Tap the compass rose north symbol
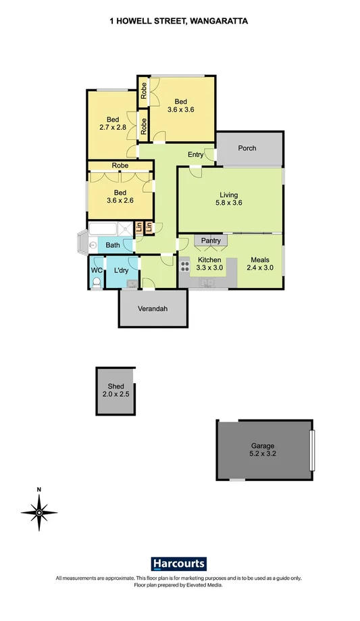pos(39,512)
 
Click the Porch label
pos(247,148)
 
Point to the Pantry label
pos(211,240)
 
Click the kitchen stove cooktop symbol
pos(184,264)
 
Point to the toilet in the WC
pos(96,281)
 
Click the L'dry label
pos(122,270)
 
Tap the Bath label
pos(112,245)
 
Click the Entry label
pos(195,155)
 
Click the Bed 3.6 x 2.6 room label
pos(120,196)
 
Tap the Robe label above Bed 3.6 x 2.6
pos(120,166)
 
